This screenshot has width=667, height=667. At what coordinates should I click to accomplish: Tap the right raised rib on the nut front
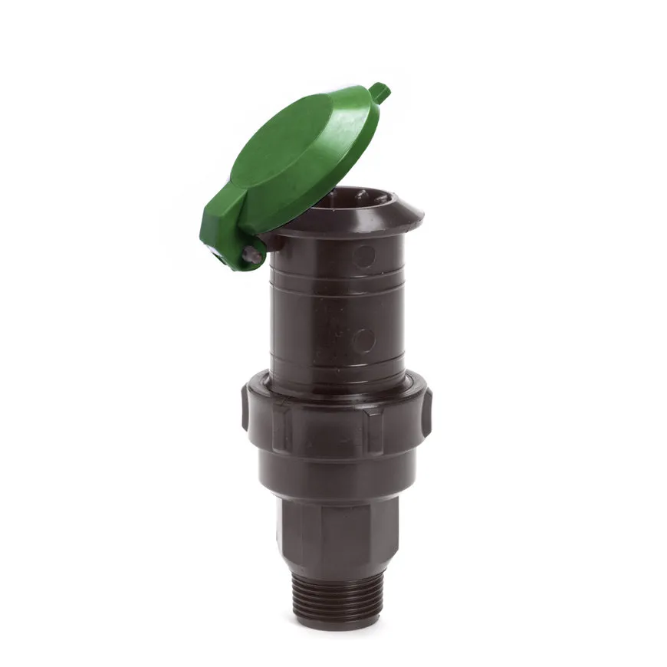point(373,429)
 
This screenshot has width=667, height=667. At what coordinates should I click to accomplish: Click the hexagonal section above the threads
point(337,537)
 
